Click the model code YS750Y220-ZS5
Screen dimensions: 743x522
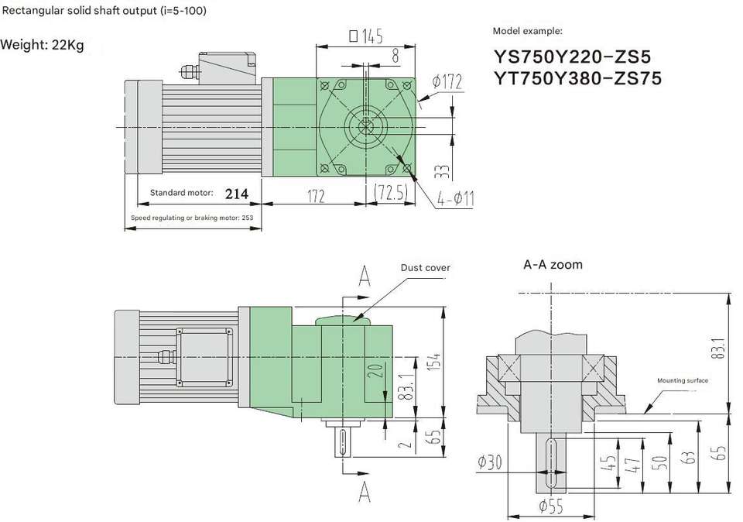click(573, 57)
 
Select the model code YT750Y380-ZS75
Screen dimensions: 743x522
click(577, 78)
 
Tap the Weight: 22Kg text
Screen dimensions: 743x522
click(42, 45)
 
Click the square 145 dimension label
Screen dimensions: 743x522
click(366, 36)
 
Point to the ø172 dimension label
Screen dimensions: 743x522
click(447, 81)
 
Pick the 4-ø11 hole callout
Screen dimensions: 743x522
click(455, 198)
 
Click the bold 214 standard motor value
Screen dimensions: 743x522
click(237, 194)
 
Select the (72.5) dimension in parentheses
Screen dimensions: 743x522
click(391, 193)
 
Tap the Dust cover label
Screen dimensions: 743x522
click(425, 268)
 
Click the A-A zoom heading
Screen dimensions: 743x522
click(553, 265)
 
